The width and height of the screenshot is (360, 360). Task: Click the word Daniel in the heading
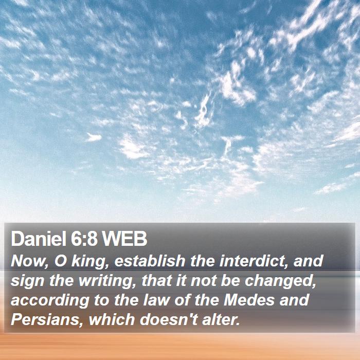click(39, 239)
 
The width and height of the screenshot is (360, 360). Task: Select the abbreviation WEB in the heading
click(124, 239)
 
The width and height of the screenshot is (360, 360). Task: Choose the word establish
click(150, 261)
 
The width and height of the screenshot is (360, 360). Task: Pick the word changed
click(280, 281)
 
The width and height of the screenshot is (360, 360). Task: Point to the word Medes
click(249, 300)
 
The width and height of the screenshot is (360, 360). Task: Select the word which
click(112, 319)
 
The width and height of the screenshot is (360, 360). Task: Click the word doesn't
click(169, 319)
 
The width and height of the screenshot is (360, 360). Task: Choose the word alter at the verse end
click(221, 319)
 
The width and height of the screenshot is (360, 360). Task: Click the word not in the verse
click(204, 281)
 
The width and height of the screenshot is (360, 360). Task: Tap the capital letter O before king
click(60, 261)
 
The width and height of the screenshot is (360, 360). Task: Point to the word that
click(157, 280)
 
